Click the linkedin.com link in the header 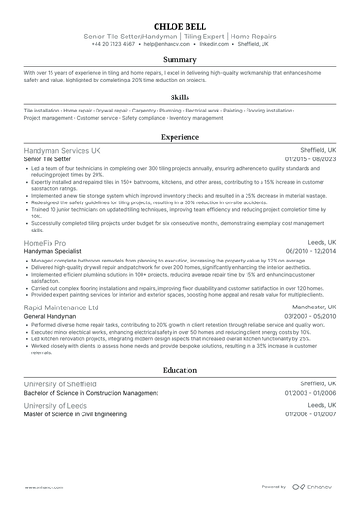[214, 44]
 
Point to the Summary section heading [180, 59]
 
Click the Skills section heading [180, 97]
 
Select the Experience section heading [180, 136]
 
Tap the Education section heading [180, 370]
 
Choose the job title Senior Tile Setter [52, 159]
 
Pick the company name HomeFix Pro [44, 243]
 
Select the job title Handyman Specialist [55, 252]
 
